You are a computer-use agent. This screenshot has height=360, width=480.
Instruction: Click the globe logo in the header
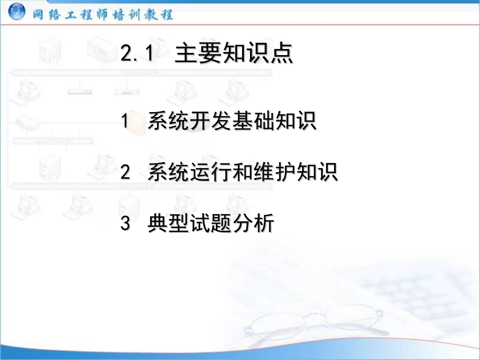pos(17,12)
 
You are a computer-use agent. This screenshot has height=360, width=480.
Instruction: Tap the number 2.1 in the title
pos(137,55)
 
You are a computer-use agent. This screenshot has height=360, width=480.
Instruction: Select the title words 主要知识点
pos(234,54)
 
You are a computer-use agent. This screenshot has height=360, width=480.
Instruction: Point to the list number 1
pos(125,122)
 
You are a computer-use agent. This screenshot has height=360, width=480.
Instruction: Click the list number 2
pos(125,173)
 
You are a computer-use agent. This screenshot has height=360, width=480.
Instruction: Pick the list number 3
pos(125,223)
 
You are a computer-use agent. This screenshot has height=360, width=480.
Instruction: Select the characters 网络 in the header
pos(48,14)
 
